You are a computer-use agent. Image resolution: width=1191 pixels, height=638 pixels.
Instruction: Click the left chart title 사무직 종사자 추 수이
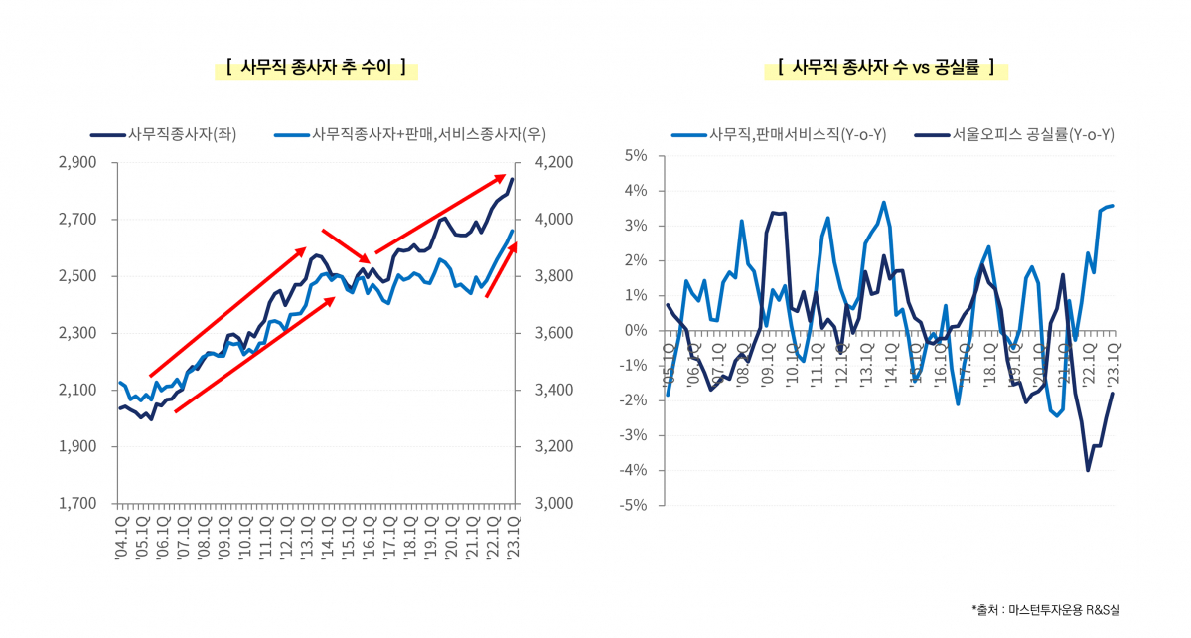tap(316, 68)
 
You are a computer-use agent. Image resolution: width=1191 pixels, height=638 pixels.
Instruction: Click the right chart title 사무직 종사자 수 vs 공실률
tap(886, 68)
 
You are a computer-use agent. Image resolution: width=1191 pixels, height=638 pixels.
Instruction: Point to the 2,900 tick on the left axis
tap(76, 162)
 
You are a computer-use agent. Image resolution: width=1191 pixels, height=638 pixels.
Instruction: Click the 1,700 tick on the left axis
tap(76, 504)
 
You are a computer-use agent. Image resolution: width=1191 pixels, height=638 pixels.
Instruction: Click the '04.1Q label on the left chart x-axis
tap(120, 537)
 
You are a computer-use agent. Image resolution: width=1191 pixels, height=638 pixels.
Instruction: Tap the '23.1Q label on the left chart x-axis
tap(513, 537)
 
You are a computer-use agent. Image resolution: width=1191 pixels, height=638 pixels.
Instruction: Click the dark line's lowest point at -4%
tap(1088, 470)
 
